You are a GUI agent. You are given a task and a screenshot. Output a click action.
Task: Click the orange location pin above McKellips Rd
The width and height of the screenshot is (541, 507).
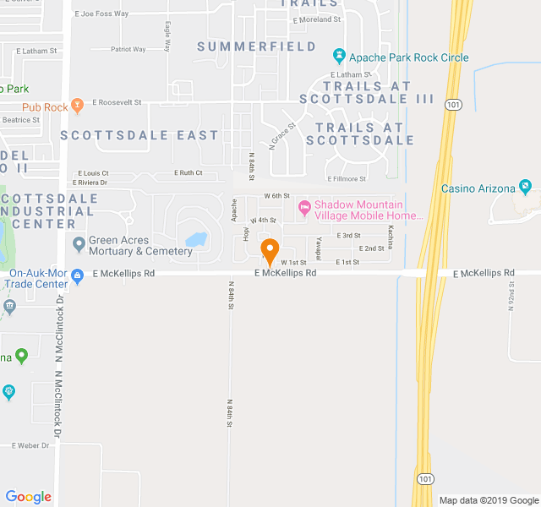tap(270, 251)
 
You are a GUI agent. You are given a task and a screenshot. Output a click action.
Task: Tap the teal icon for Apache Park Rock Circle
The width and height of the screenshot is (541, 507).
tap(339, 57)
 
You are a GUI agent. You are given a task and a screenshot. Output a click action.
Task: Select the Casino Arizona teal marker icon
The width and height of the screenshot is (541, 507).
tap(525, 186)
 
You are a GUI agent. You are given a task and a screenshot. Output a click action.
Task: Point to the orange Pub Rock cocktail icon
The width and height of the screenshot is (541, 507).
tap(78, 106)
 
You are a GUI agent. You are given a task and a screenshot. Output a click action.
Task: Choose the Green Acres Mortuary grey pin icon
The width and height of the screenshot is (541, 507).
tap(79, 244)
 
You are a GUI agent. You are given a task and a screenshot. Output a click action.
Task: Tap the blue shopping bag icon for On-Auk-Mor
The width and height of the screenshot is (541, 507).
tap(77, 275)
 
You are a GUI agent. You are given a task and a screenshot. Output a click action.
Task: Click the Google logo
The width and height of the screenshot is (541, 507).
tap(28, 497)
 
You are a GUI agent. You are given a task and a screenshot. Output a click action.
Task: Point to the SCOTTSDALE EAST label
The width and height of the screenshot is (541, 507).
tap(139, 135)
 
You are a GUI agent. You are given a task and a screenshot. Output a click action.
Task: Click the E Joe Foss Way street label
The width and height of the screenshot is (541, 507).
tap(101, 14)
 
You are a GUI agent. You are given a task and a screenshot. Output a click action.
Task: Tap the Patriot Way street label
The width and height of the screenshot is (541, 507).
tap(128, 49)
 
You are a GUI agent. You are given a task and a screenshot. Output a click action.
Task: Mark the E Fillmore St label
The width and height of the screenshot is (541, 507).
tap(346, 178)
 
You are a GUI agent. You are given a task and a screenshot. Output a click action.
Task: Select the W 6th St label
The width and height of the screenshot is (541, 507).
tap(276, 195)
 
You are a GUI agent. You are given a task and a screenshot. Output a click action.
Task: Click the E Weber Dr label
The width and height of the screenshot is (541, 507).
tap(31, 444)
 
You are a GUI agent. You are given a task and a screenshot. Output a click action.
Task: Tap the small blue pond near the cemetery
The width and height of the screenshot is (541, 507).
tap(197, 241)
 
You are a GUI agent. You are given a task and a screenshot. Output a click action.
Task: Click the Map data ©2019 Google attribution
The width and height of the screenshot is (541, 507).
tap(488, 499)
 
